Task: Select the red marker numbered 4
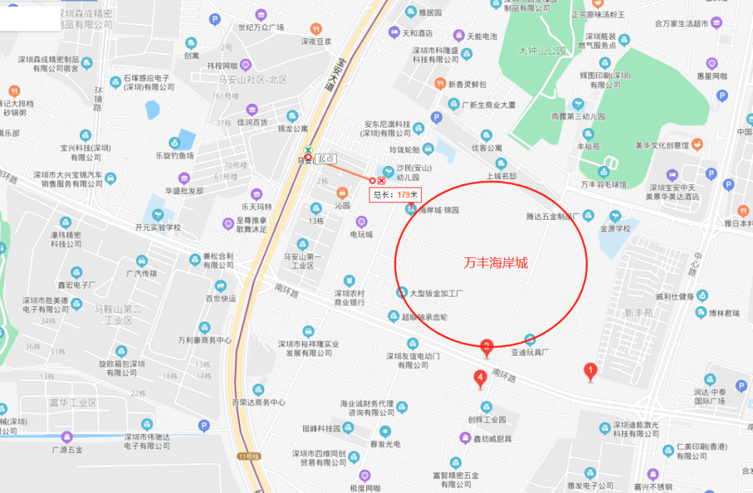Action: [x=480, y=379]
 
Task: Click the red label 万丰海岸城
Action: [x=496, y=263]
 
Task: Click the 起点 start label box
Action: [x=326, y=159]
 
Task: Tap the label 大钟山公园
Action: [x=542, y=51]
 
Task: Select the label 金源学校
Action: [x=614, y=228]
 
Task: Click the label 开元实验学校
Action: [x=158, y=227]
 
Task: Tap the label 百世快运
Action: [x=220, y=298]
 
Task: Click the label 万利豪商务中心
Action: [x=204, y=340]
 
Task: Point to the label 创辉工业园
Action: [x=486, y=420]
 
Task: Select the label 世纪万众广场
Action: [x=261, y=28]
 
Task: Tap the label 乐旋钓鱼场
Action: [x=165, y=156]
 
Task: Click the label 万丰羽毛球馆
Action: [x=604, y=185]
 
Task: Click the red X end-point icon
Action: [x=381, y=181]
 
